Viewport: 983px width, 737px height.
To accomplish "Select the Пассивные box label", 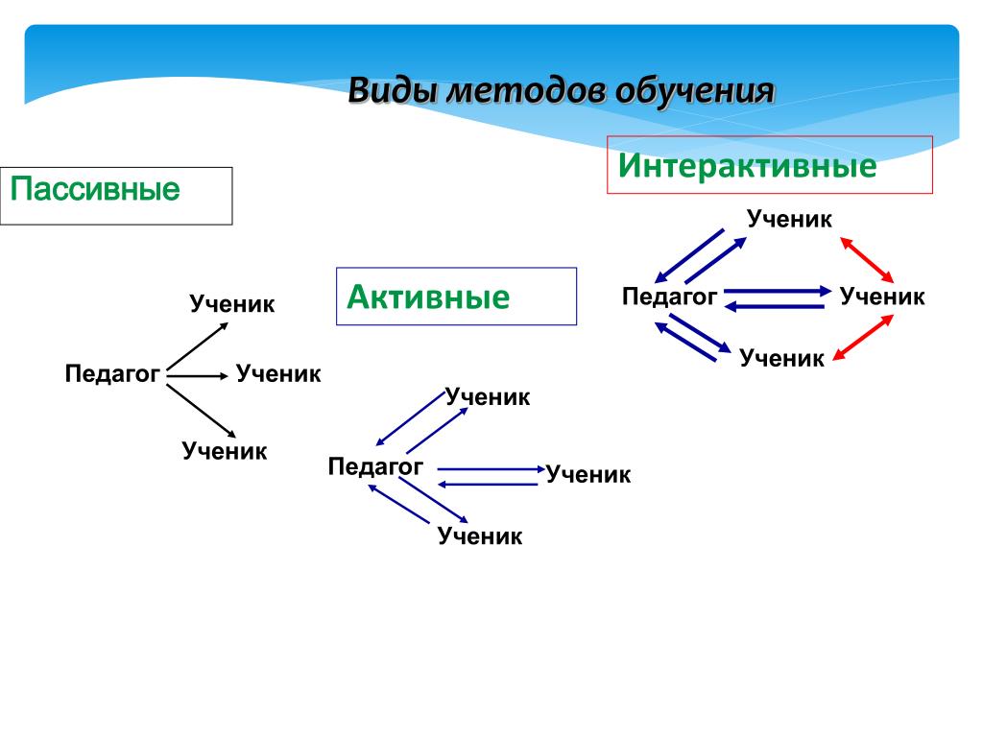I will coord(95,188).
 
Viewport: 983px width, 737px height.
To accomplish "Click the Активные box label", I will coord(428,297).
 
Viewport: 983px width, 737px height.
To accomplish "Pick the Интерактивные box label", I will coord(747,166).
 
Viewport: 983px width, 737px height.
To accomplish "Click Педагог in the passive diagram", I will coord(111,373).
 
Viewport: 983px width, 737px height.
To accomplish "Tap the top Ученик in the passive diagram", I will coord(232,305).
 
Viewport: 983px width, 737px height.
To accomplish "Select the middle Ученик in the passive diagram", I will coord(278,373).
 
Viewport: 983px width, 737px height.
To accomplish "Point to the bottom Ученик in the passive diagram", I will coord(225,451).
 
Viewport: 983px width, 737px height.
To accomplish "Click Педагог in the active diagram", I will coord(375,467).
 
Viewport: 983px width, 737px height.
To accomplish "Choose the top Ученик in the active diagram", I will coord(488,397).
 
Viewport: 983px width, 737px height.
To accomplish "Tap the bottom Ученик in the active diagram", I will coord(480,536).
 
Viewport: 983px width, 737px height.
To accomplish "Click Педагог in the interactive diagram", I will coord(669,297).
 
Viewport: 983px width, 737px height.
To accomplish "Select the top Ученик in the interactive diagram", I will coord(790,220).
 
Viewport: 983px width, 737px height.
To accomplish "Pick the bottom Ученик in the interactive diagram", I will coord(781,359).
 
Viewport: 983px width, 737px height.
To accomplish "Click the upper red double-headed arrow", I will coord(867,258).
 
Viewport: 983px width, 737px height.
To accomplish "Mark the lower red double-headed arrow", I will coord(863,339).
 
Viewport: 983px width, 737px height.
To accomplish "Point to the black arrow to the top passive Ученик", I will coord(197,344).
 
